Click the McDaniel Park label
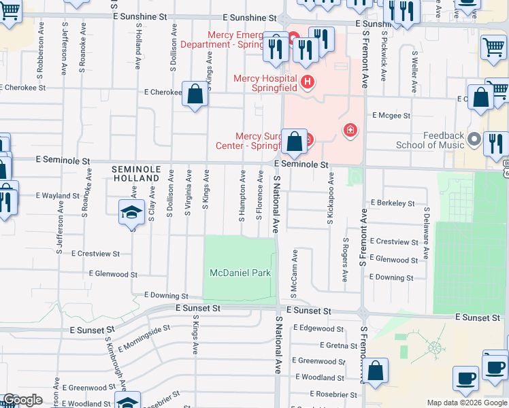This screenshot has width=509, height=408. [240, 273]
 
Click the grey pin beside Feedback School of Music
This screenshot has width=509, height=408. [474, 140]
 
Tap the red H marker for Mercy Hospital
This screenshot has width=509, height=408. [308, 83]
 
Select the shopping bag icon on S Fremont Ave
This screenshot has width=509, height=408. [375, 371]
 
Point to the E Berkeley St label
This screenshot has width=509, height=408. [393, 203]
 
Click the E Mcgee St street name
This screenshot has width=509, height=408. [391, 116]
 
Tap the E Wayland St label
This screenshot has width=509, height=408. [59, 196]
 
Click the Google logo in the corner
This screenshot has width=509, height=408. [23, 400]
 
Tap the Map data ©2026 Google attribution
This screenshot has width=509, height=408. [467, 403]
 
